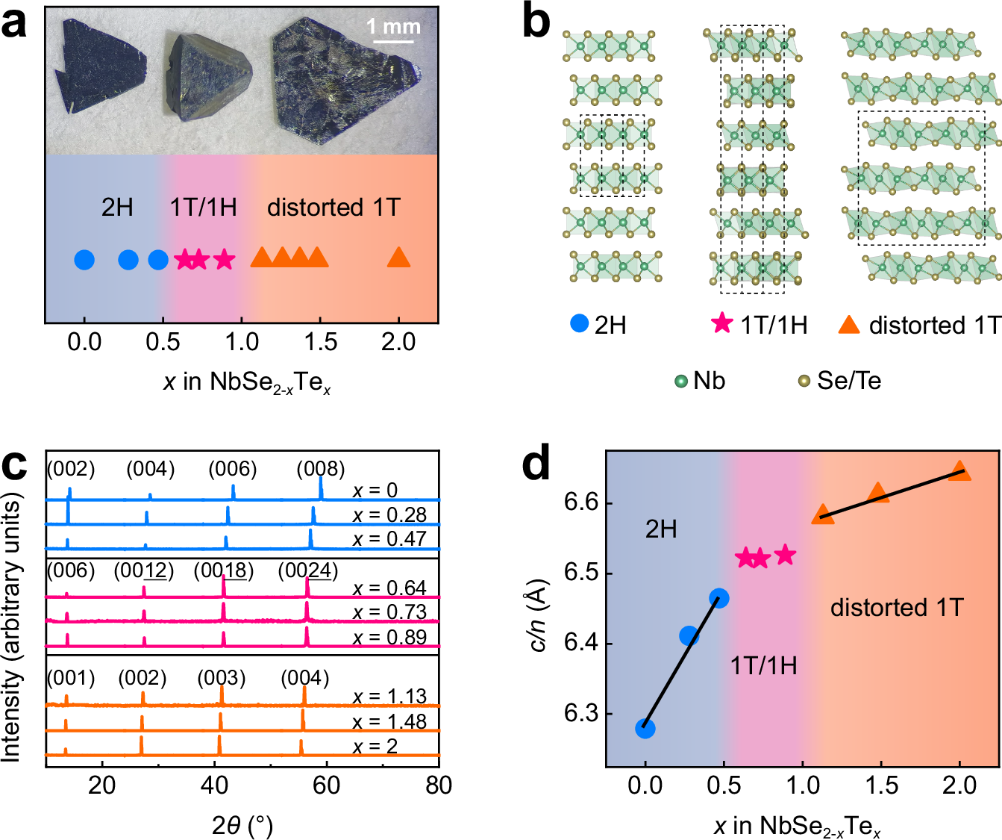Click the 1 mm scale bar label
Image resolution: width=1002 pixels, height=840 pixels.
point(393,27)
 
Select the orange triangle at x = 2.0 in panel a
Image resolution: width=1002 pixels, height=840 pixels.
point(399,258)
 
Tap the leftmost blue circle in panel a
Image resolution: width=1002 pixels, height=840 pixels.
point(84,260)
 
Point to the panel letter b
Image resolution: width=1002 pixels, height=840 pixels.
point(536,22)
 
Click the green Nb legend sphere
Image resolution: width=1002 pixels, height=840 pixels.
point(680,382)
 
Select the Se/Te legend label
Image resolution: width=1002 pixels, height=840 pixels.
point(849,381)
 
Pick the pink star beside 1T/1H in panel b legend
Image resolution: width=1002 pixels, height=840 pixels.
point(722,324)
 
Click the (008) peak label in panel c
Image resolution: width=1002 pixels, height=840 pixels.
point(321,469)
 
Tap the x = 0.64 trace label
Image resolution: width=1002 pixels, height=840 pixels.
point(389,588)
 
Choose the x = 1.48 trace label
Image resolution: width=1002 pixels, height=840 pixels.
point(389,721)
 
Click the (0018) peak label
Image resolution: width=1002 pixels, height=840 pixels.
point(224,571)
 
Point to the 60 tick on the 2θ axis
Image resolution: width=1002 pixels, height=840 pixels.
point(327,785)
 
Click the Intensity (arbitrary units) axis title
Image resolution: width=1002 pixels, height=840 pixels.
point(11,631)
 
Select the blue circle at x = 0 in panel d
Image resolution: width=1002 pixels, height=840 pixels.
point(645,728)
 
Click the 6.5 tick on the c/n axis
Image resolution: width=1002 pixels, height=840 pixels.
point(579,573)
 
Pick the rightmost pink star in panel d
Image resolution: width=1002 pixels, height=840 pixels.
point(784,555)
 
